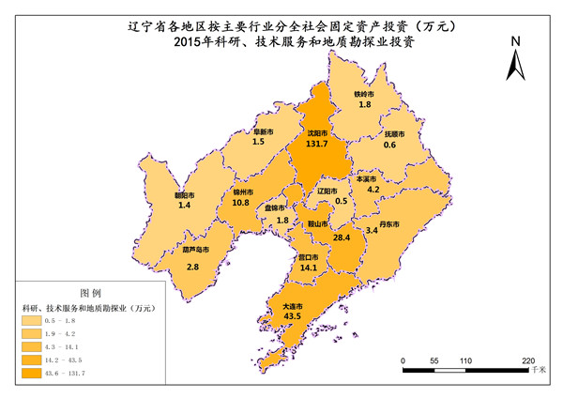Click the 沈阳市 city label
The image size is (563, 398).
pos(317,133)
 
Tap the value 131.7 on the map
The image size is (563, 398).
pos(317,144)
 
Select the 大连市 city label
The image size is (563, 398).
pos(292,306)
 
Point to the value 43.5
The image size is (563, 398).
pos(292,317)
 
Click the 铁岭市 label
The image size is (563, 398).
pos(364,94)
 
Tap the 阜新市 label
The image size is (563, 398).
pos(264,131)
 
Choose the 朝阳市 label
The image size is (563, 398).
pos(184,195)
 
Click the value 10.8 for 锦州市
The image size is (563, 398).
pos(241,202)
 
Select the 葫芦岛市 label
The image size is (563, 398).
pos(194,251)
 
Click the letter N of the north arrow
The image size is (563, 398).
pos(514,41)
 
